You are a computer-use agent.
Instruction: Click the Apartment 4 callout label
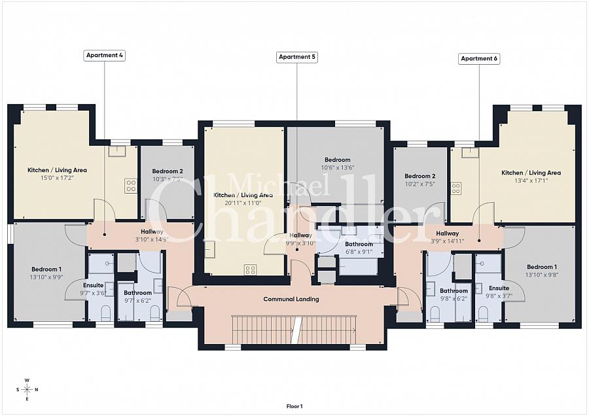(x=105, y=56)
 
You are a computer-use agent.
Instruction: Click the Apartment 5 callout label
(x=297, y=57)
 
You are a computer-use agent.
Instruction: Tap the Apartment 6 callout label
(x=479, y=58)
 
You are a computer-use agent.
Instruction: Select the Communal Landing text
(x=291, y=299)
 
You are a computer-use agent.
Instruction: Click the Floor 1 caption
(x=294, y=406)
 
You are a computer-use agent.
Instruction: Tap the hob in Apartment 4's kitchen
(x=131, y=185)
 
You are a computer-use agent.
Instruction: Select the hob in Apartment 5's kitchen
(x=250, y=269)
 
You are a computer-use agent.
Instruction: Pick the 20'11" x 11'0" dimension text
(x=243, y=203)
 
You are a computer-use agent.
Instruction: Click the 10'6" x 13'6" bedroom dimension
(x=337, y=167)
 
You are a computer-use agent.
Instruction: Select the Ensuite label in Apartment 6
(x=499, y=288)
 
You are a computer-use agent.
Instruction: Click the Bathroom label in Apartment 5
(x=359, y=244)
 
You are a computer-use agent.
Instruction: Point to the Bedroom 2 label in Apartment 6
(x=419, y=176)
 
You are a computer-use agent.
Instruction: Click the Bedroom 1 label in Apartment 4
(x=46, y=269)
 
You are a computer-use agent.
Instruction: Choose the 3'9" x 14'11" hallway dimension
(x=448, y=241)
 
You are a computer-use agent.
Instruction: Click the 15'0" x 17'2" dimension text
(x=57, y=178)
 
